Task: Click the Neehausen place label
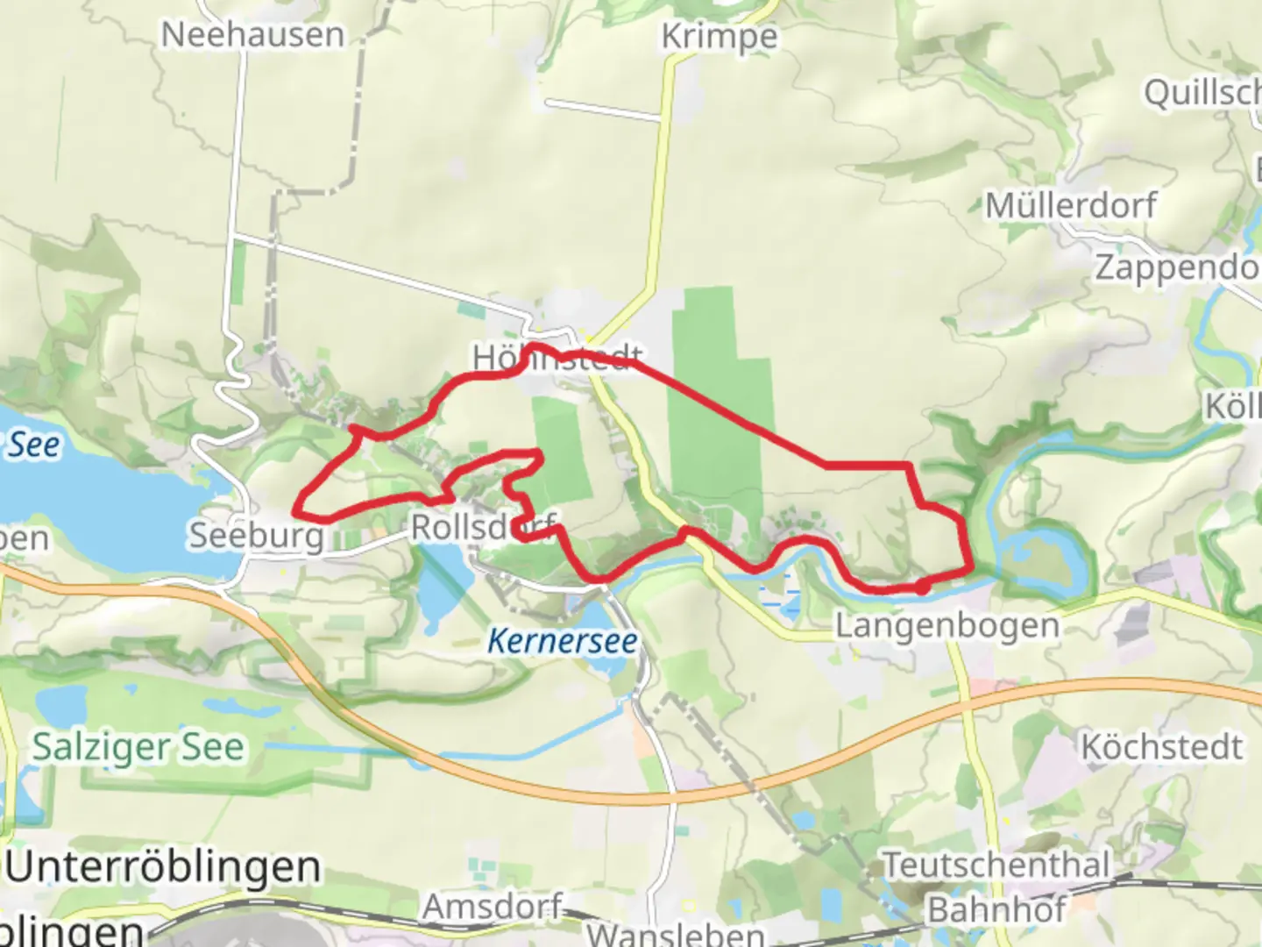(x=253, y=35)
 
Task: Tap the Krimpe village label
(x=719, y=37)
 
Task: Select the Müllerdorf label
(x=1071, y=206)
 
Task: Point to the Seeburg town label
(x=257, y=535)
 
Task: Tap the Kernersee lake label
(x=563, y=641)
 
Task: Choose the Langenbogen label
(x=947, y=626)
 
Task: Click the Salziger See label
(x=138, y=747)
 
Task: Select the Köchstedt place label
(x=1161, y=747)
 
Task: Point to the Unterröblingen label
(x=163, y=867)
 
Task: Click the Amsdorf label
(x=492, y=907)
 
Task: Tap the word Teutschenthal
(x=996, y=865)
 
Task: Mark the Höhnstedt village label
(x=557, y=358)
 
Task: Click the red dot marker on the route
(x=923, y=587)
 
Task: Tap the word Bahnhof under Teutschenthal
(x=996, y=910)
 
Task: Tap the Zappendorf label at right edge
(x=1177, y=267)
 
